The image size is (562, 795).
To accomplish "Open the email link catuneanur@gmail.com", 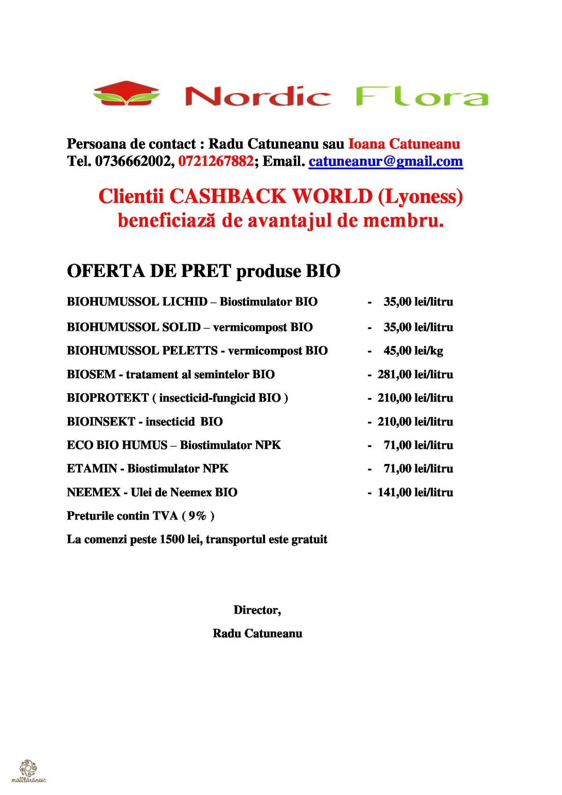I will (x=385, y=161).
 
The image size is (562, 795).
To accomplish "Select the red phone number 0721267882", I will (x=216, y=161).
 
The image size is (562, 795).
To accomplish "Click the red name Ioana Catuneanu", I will (x=404, y=143).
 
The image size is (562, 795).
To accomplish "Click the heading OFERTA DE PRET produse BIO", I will (x=203, y=271).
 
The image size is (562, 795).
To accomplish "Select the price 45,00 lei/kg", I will (x=413, y=351).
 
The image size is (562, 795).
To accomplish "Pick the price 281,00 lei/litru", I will (x=415, y=374).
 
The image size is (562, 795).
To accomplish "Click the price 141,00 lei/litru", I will (x=415, y=492).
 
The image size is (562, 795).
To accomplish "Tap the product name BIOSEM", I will (x=91, y=374).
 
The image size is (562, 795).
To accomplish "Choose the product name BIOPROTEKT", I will (x=108, y=398).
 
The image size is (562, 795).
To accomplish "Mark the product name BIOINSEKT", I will (x=101, y=421).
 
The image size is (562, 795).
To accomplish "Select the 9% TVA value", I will (x=198, y=516).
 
